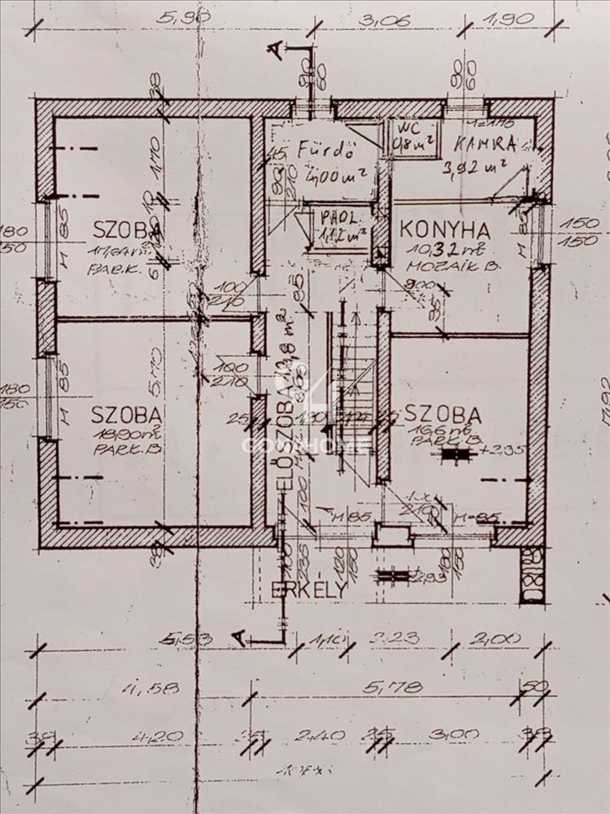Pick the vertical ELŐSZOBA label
285,423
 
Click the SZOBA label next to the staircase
442,414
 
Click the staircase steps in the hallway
351,383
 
